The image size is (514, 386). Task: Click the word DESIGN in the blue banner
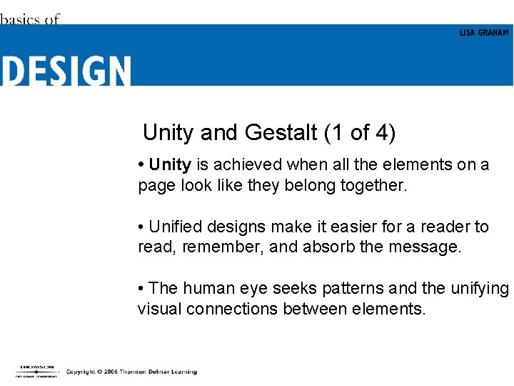point(66,71)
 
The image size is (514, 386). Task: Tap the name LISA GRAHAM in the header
point(484,33)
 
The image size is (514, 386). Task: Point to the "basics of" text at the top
point(30,19)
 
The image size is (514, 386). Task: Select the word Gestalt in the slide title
point(281,132)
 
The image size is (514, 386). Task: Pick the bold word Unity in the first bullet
point(170,165)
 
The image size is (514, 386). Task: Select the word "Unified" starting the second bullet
point(176,227)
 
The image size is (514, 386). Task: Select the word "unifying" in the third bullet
point(480,289)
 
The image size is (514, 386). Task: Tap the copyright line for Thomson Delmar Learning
point(131,372)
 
